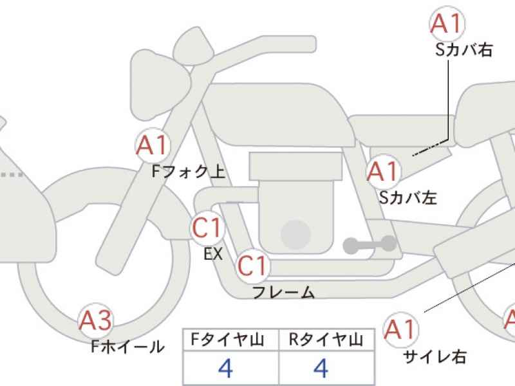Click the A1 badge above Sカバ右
[x=447, y=24]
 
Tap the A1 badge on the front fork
[x=153, y=145]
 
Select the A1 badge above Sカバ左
[x=384, y=172]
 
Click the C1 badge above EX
[x=207, y=228]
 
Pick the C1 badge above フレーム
[x=252, y=266]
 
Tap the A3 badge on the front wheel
[x=95, y=320]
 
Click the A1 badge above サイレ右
[x=401, y=329]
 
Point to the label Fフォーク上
[x=189, y=172]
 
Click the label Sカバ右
[x=464, y=50]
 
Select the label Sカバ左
[x=408, y=198]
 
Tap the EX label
[x=213, y=253]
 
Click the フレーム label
[x=283, y=292]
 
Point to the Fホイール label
[x=127, y=346]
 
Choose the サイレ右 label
[x=435, y=356]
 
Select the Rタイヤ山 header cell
[x=326, y=340]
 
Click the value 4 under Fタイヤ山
[x=226, y=368]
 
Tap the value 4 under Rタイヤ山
[x=321, y=368]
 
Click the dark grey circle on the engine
[x=296, y=235]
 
